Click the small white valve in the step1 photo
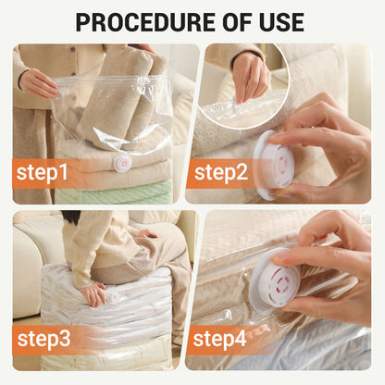121,162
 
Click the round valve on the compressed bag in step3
112,297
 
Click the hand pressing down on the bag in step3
93,294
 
